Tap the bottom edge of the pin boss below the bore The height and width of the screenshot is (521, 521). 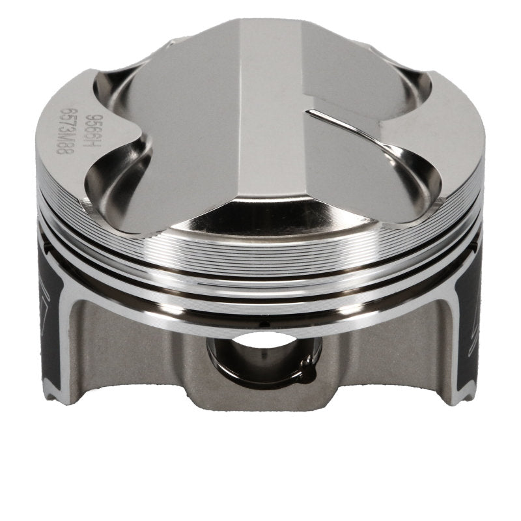point(260,404)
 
